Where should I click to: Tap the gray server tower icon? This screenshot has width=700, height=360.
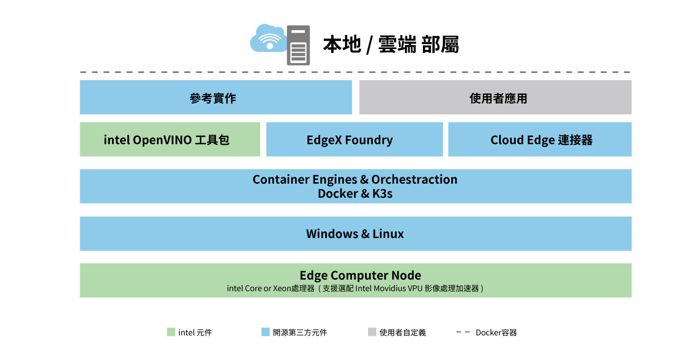tap(298, 45)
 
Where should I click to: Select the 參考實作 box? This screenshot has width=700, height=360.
tap(215, 98)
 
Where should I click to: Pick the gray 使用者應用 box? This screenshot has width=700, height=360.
tap(495, 98)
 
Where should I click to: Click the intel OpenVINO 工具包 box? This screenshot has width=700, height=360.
tap(170, 139)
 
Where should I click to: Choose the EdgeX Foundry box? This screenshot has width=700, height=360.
tap(354, 139)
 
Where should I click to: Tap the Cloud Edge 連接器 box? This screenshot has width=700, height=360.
tap(540, 139)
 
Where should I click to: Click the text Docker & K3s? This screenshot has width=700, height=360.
tap(355, 193)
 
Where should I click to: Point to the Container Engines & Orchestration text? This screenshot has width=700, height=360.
tap(355, 179)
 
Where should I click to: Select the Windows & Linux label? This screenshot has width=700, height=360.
tap(355, 234)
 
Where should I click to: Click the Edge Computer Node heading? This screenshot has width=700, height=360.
tap(360, 275)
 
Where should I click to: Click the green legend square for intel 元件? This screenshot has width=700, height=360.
tap(171, 332)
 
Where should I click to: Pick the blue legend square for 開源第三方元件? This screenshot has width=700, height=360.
tap(265, 332)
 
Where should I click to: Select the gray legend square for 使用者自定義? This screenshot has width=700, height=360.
tap(372, 332)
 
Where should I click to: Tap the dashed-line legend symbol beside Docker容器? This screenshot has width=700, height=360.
tap(463, 332)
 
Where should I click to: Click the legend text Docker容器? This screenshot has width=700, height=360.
tap(496, 333)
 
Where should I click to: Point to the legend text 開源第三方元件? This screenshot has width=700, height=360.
tap(300, 333)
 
